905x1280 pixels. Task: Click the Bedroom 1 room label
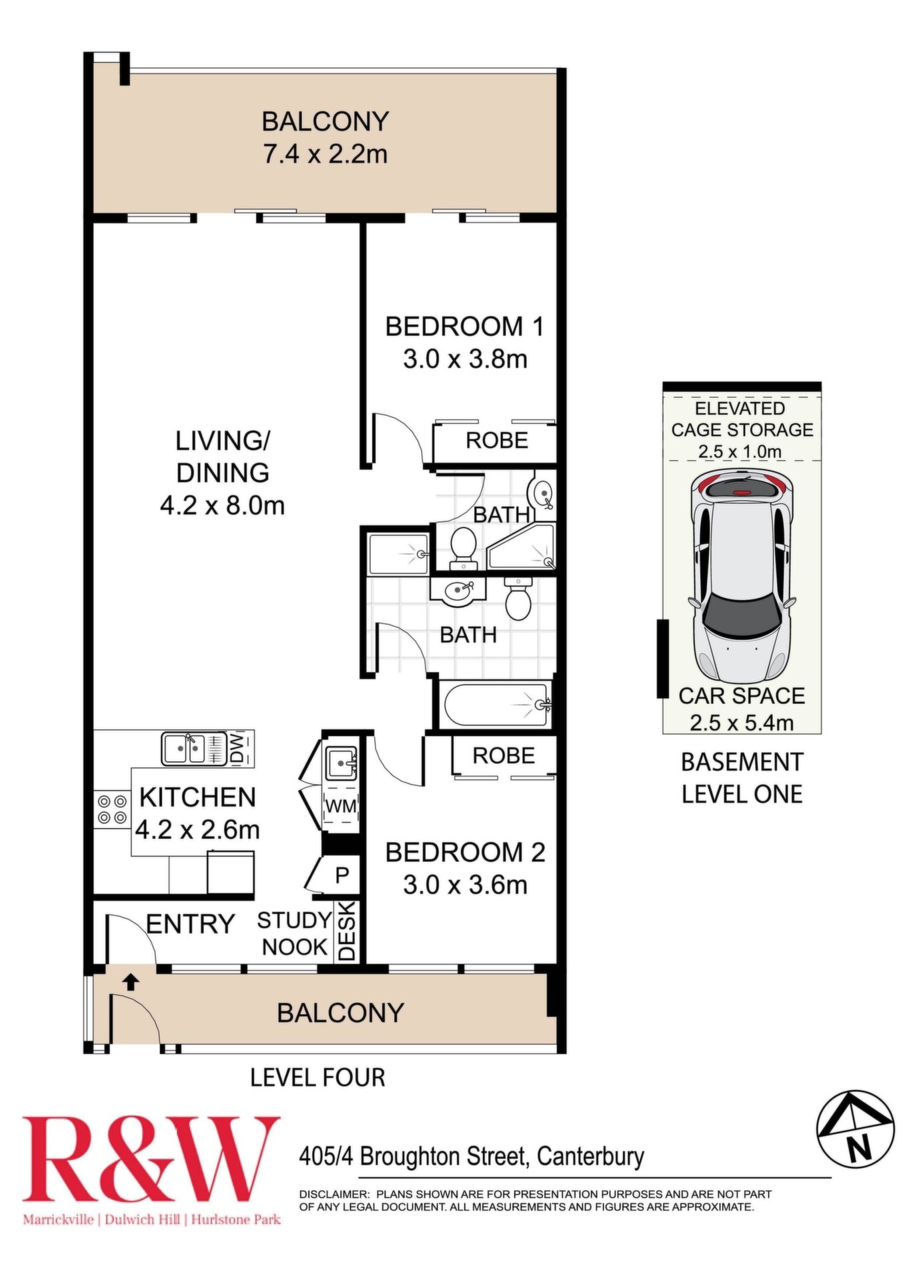[x=465, y=327]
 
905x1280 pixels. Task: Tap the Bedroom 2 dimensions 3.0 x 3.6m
[x=465, y=885]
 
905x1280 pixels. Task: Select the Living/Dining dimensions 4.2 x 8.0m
[x=222, y=505]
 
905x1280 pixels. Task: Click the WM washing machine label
[x=341, y=806]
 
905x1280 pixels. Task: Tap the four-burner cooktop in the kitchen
[x=112, y=809]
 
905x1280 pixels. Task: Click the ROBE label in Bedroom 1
[x=497, y=440]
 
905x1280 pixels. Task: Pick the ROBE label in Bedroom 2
[x=504, y=755]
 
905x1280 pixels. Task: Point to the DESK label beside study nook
[x=346, y=931]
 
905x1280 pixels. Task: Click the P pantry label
[x=342, y=875]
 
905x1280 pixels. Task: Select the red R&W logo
[x=151, y=1160]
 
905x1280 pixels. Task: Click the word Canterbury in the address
[x=590, y=1157]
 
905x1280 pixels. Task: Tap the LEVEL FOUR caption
[x=317, y=1077]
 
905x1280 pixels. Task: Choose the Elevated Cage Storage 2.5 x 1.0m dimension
[x=740, y=451]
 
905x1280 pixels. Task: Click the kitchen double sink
[x=183, y=749]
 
